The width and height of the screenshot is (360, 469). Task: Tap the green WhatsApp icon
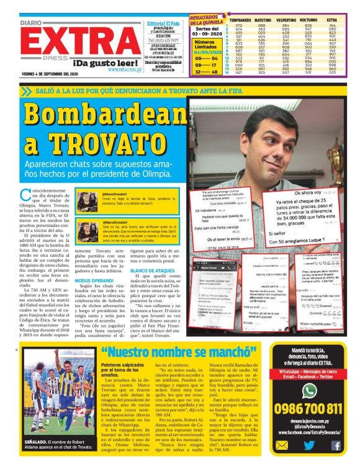pos(309,390)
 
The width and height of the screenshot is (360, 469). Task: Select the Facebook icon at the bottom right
pos(336,445)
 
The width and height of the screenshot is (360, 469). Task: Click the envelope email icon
pos(283,445)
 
